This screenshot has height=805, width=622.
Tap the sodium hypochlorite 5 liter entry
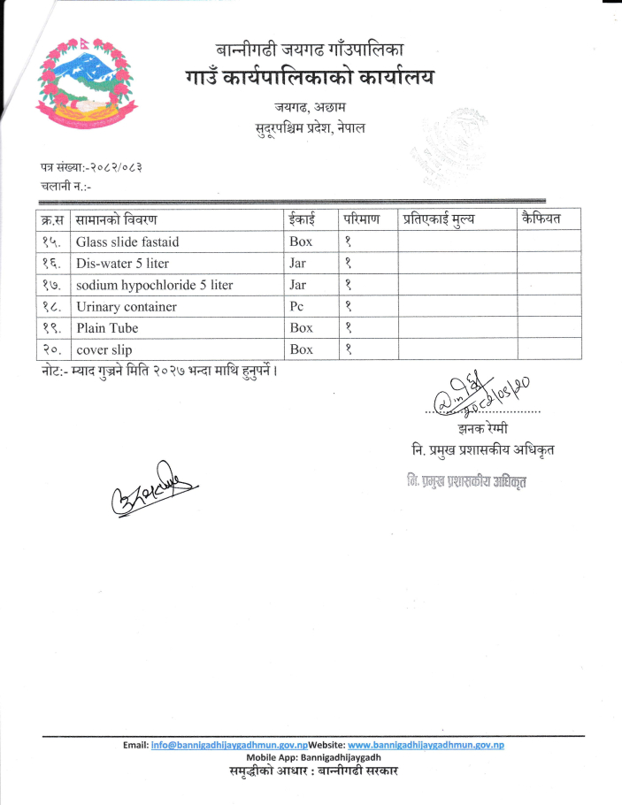click(154, 285)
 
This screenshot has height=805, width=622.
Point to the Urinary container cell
click(127, 307)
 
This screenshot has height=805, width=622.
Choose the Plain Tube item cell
click(107, 328)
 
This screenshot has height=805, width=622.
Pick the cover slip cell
click(104, 349)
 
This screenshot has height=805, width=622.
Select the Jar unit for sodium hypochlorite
click(297, 285)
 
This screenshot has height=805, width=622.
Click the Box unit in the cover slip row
click(301, 349)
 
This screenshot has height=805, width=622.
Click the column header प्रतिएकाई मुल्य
click(439, 219)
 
